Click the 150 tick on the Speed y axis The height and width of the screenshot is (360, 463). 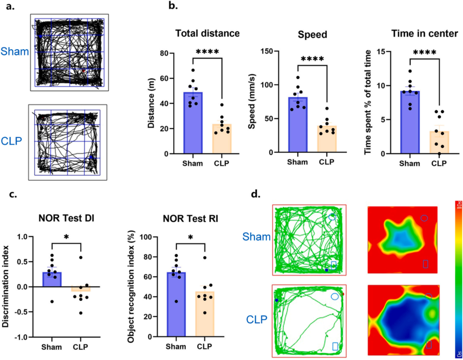pos(269,51)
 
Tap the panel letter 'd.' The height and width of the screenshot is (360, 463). pos(256,194)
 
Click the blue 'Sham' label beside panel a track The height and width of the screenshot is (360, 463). pos(14,52)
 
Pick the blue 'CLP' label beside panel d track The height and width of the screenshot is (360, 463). pos(256,319)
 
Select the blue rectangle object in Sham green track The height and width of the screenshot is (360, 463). pos(334,265)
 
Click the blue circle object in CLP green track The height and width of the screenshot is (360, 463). pos(335,296)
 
